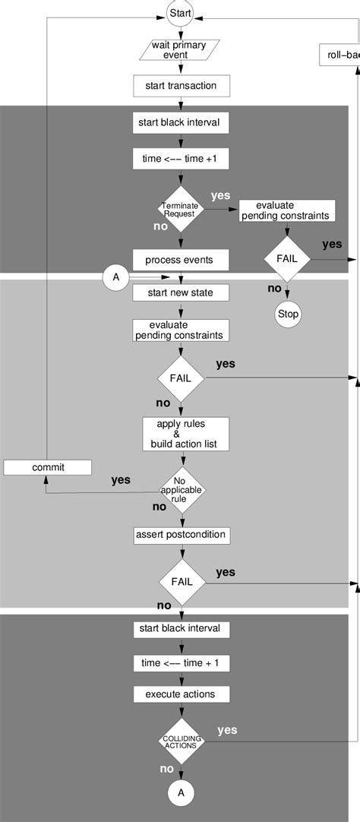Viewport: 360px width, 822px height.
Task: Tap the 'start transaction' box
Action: (180, 85)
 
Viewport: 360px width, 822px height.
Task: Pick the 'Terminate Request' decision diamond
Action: (180, 210)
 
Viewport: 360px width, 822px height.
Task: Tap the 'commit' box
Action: (48, 467)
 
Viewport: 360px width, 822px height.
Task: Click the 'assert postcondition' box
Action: (180, 534)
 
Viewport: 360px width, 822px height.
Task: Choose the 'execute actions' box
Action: (180, 694)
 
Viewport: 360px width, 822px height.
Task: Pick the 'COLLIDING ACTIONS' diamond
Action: (180, 741)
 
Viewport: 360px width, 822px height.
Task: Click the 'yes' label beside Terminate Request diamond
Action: (221, 195)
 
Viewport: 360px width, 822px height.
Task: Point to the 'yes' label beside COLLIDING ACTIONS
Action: (227, 730)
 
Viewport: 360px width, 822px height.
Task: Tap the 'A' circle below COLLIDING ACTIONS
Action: (180, 792)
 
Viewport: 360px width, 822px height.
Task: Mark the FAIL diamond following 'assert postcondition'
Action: (180, 583)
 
